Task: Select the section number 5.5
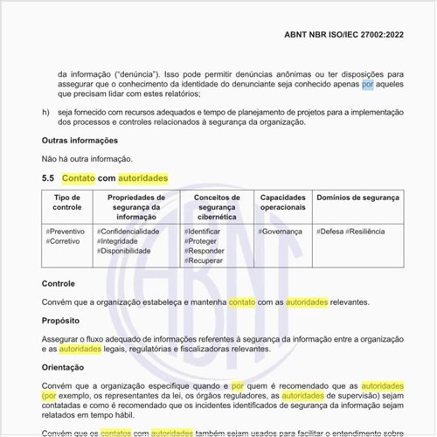click(x=48, y=178)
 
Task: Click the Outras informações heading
click(x=79, y=140)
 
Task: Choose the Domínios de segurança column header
click(x=357, y=198)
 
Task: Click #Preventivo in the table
click(x=66, y=231)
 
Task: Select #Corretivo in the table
click(x=64, y=241)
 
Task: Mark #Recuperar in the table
click(x=205, y=260)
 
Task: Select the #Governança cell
click(x=281, y=231)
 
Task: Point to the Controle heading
click(x=59, y=284)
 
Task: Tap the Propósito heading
click(x=61, y=321)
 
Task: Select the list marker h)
click(x=45, y=112)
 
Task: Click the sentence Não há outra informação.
click(x=87, y=158)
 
